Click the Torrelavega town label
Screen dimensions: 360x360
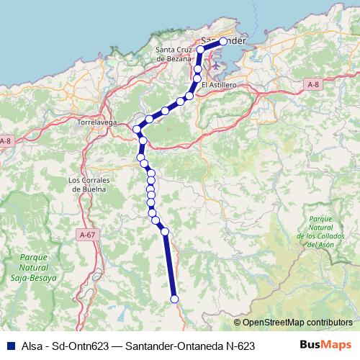[96, 122]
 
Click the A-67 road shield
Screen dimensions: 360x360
[88, 235]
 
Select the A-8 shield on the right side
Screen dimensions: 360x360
[312, 84]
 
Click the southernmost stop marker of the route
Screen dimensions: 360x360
[174, 299]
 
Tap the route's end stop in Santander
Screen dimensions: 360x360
[223, 42]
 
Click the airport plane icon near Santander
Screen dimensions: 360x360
[215, 66]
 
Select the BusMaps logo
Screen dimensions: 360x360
[325, 346]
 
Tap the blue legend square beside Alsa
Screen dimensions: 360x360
[8, 346]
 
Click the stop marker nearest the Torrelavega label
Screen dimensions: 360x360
[136, 129]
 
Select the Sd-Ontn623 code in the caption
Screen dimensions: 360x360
[78, 346]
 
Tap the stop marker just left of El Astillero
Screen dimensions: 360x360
[190, 94]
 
